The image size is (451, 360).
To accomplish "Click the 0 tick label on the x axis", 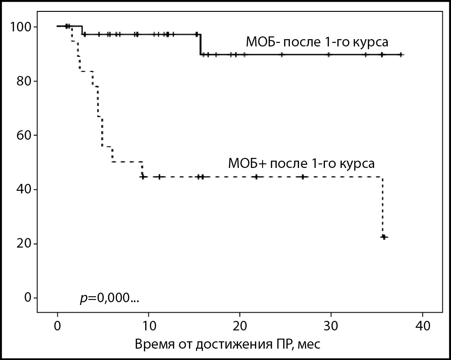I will click(x=57, y=326).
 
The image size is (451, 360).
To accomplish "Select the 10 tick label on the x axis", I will click(x=148, y=326).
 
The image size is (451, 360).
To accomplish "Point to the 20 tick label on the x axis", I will click(x=239, y=326).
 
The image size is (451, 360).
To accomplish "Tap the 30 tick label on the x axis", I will click(x=331, y=326).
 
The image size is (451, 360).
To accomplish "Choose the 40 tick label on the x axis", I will click(x=422, y=326).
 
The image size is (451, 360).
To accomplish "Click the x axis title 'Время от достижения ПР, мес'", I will click(x=228, y=344).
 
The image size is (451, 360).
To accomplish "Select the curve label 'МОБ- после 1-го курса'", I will click(x=317, y=43).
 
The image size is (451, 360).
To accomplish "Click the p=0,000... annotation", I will click(x=109, y=299).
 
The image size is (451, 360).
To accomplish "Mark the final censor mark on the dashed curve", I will click(x=384, y=237).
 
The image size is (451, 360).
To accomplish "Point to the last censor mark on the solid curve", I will click(x=400, y=55).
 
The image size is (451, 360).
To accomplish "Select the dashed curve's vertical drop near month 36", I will click(x=383, y=207).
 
